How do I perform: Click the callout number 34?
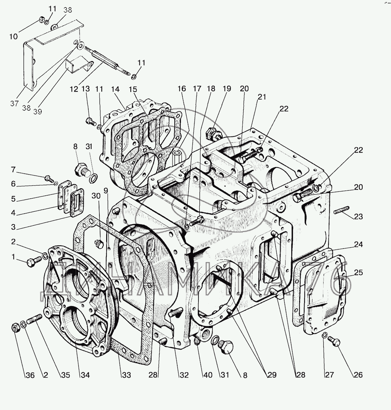click(x=85, y=375)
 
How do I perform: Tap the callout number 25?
click(x=358, y=273)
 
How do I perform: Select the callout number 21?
click(x=262, y=97)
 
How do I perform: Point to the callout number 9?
click(x=106, y=191)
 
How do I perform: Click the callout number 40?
click(x=208, y=375)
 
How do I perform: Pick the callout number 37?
click(x=15, y=103)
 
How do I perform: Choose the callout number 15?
click(x=133, y=89)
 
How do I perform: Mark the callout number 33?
click(x=126, y=375)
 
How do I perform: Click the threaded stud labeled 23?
click(x=341, y=210)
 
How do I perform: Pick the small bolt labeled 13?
click(x=91, y=121)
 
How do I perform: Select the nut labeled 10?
click(x=42, y=20)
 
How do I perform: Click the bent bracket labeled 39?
click(x=80, y=64)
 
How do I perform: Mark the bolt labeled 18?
click(x=197, y=220)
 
